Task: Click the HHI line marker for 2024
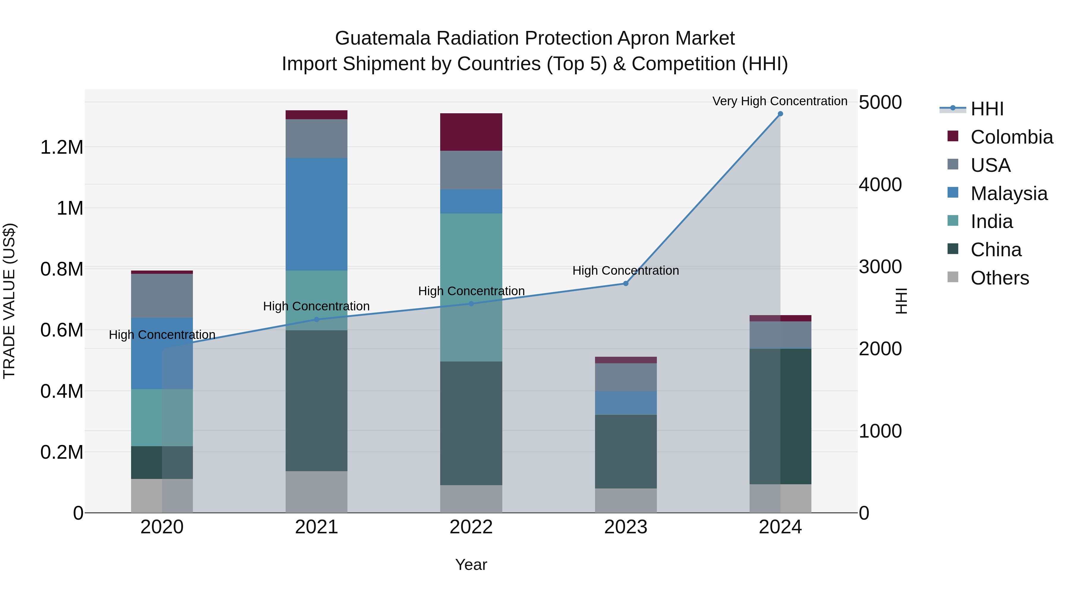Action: tap(780, 114)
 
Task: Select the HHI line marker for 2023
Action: tap(626, 283)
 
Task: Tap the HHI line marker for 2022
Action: tap(471, 304)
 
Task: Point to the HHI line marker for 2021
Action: tap(317, 320)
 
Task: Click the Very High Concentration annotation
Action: tap(780, 101)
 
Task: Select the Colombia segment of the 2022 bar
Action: tap(471, 132)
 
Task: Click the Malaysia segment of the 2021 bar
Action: tap(317, 214)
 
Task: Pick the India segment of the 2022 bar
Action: tap(471, 287)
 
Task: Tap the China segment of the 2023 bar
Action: tap(626, 451)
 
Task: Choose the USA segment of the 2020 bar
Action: tap(162, 296)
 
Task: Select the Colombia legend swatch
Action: tap(953, 136)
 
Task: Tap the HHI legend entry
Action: tap(987, 109)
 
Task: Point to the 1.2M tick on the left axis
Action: tap(62, 147)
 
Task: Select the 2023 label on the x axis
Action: tap(626, 527)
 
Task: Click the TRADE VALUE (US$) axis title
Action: tap(9, 301)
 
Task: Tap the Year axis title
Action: tap(471, 565)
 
